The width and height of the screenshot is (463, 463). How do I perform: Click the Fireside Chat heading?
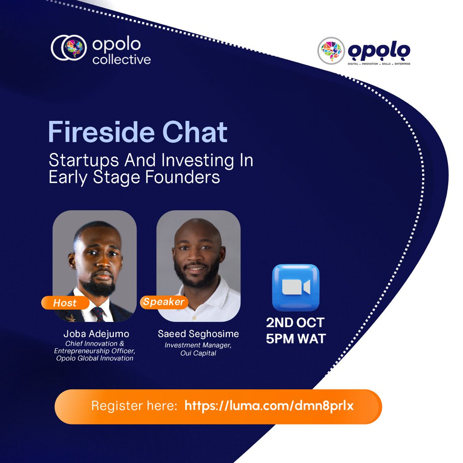point(138,132)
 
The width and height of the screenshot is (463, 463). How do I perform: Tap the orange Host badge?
point(65,303)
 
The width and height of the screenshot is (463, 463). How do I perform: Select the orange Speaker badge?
point(164,302)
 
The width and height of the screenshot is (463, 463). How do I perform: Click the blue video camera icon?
point(296,287)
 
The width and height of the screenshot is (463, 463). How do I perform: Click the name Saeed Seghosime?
point(198,334)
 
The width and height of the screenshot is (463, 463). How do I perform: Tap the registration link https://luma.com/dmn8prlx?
point(269,406)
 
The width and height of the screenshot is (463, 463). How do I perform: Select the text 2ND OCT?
point(295,323)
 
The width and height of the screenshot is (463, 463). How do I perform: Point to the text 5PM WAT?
point(296,339)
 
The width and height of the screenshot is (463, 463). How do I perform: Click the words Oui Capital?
point(198,353)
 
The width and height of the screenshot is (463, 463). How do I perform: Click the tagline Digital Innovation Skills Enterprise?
point(379,64)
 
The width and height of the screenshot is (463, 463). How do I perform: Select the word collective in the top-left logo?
point(122,59)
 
